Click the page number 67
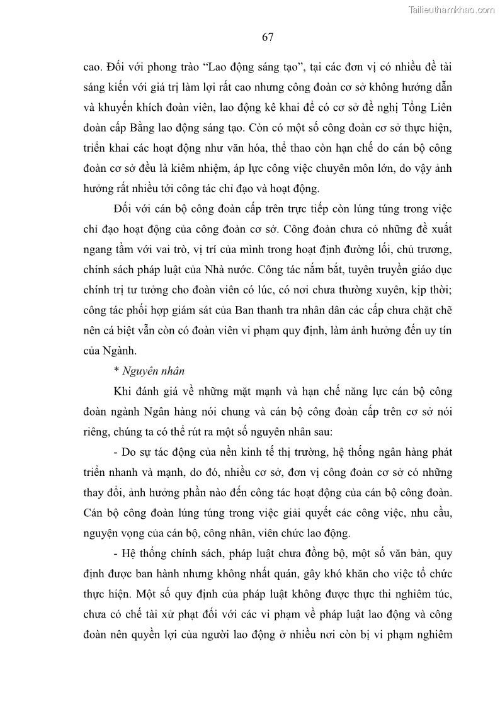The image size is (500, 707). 267,37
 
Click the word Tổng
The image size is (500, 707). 404,108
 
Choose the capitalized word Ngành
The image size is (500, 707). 125,350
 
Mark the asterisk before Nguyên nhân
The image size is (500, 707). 118,371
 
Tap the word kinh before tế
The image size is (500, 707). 296,453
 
